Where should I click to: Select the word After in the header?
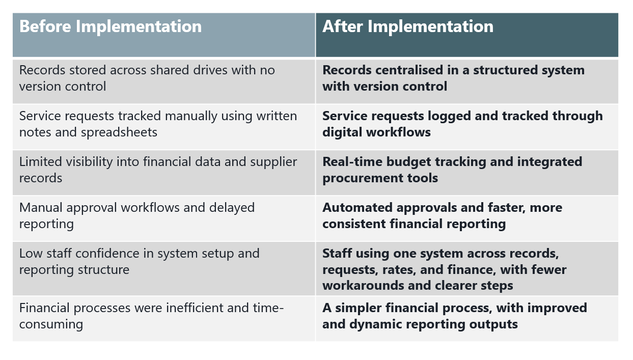click(343, 26)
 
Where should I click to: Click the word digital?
click(342, 132)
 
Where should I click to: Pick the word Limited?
click(39, 162)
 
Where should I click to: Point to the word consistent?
click(354, 224)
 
